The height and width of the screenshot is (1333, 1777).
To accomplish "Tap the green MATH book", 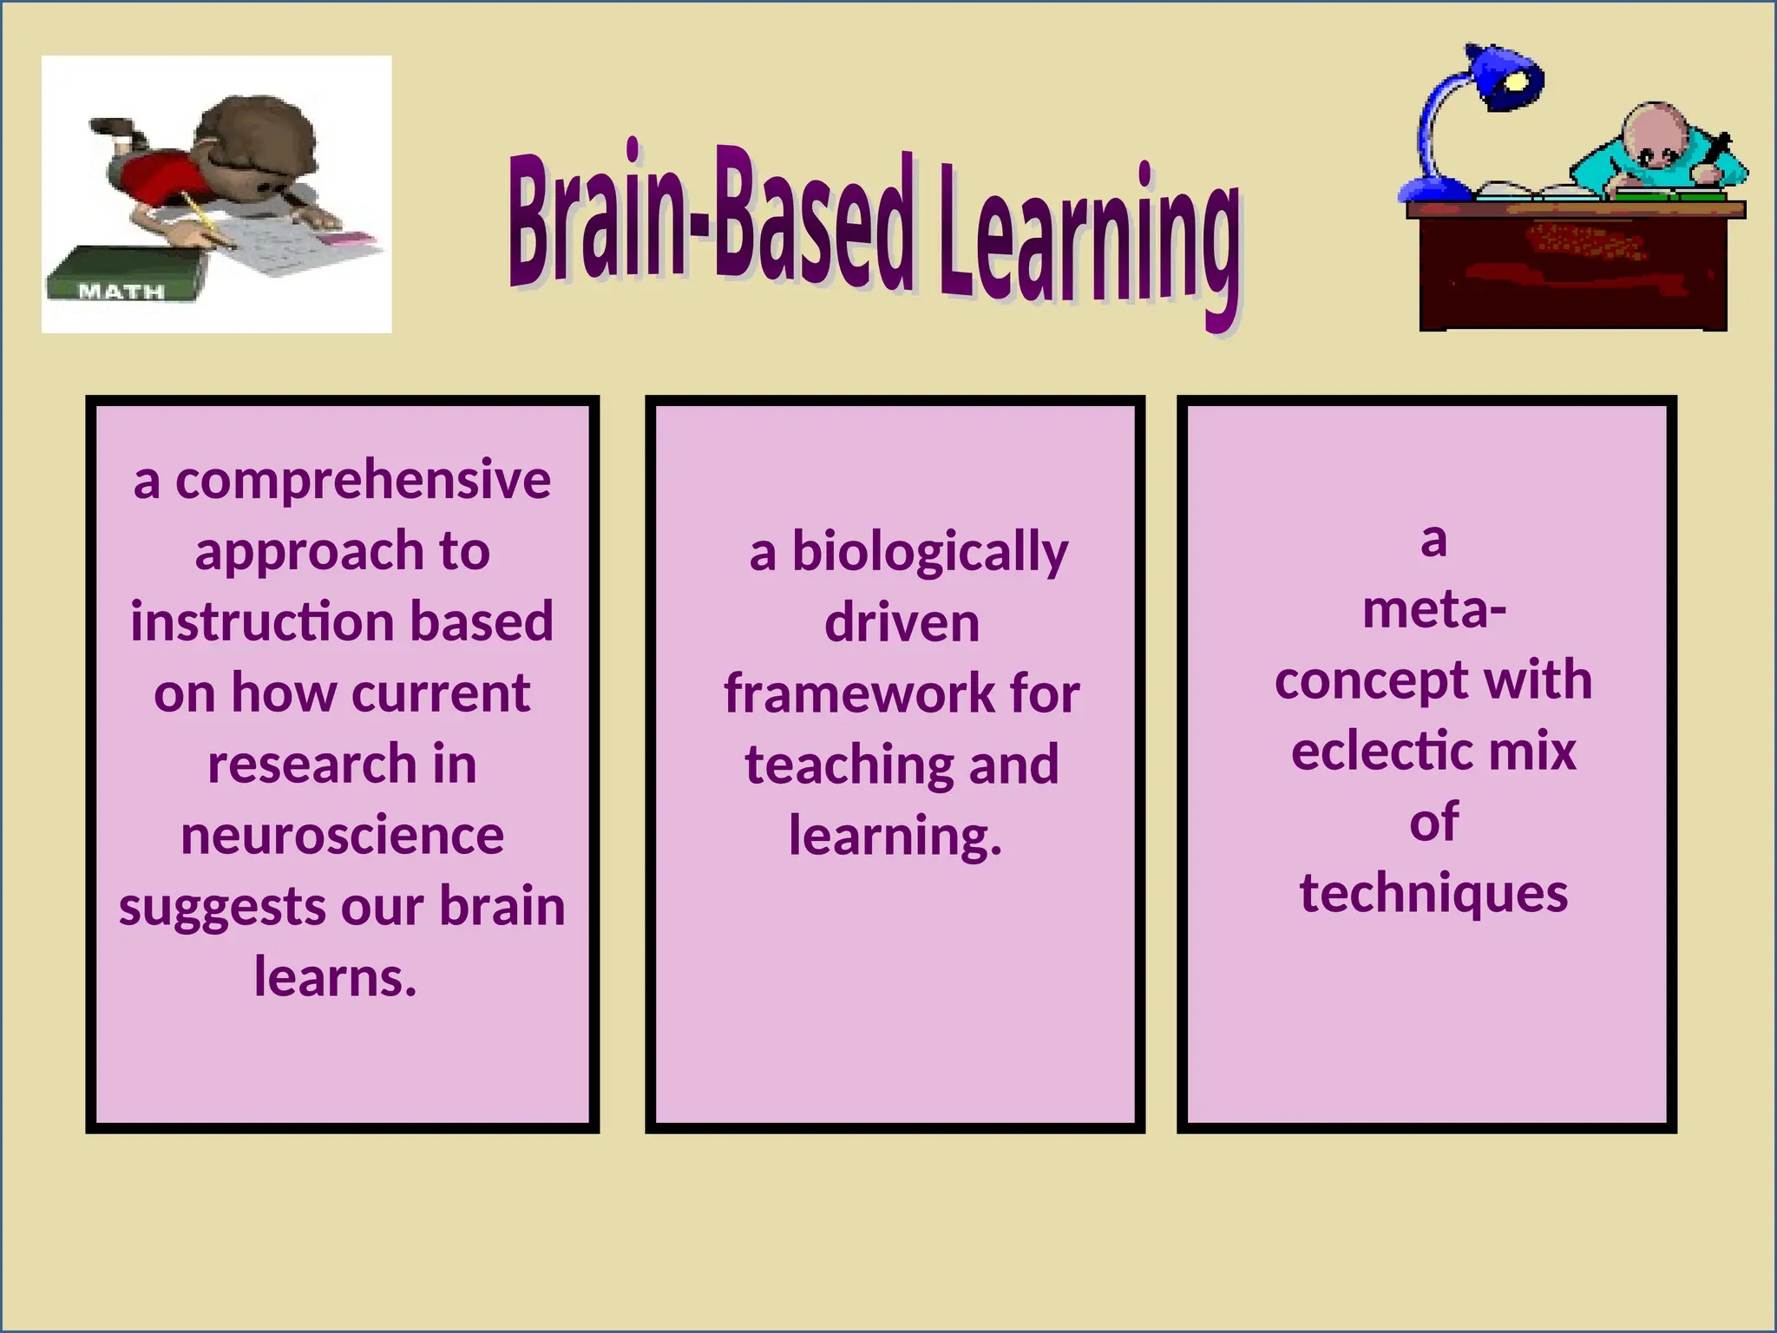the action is pyautogui.click(x=126, y=276).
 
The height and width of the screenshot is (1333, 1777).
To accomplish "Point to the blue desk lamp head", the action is pyautogui.click(x=1505, y=76).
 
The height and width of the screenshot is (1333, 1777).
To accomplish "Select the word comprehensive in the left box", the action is pyautogui.click(x=363, y=480).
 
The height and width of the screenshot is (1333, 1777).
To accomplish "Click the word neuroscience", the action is pyautogui.click(x=342, y=836).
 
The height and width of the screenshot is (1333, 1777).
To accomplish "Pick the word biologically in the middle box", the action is pyautogui.click(x=929, y=552).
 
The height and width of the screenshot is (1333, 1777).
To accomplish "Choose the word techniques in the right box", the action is pyautogui.click(x=1433, y=893).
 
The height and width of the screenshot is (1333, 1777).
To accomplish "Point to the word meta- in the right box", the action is pyautogui.click(x=1433, y=609).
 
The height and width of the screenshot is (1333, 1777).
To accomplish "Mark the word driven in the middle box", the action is pyautogui.click(x=902, y=623).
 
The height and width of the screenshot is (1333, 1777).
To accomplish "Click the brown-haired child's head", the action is pyautogui.click(x=256, y=143).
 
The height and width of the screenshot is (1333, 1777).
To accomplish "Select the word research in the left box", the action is pyautogui.click(x=312, y=765).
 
